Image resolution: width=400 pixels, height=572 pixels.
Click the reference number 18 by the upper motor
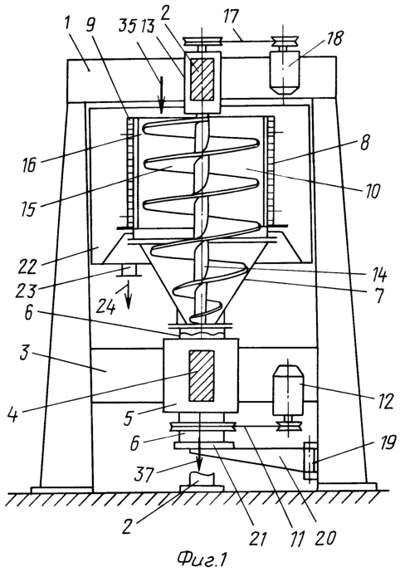point(333,38)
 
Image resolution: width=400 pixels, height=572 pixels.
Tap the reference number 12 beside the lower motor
point(384,401)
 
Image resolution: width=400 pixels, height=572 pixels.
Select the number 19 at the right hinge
point(388,442)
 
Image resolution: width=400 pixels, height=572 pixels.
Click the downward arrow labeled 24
point(128,295)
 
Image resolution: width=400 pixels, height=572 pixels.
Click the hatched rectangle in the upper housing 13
point(202,79)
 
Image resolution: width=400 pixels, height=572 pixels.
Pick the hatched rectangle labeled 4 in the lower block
point(201,375)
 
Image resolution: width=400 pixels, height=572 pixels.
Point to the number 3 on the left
point(24,354)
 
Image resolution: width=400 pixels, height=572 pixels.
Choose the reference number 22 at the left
point(27,266)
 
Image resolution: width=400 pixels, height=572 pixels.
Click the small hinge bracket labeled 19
point(310,460)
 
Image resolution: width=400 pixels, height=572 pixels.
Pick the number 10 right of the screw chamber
point(372,192)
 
